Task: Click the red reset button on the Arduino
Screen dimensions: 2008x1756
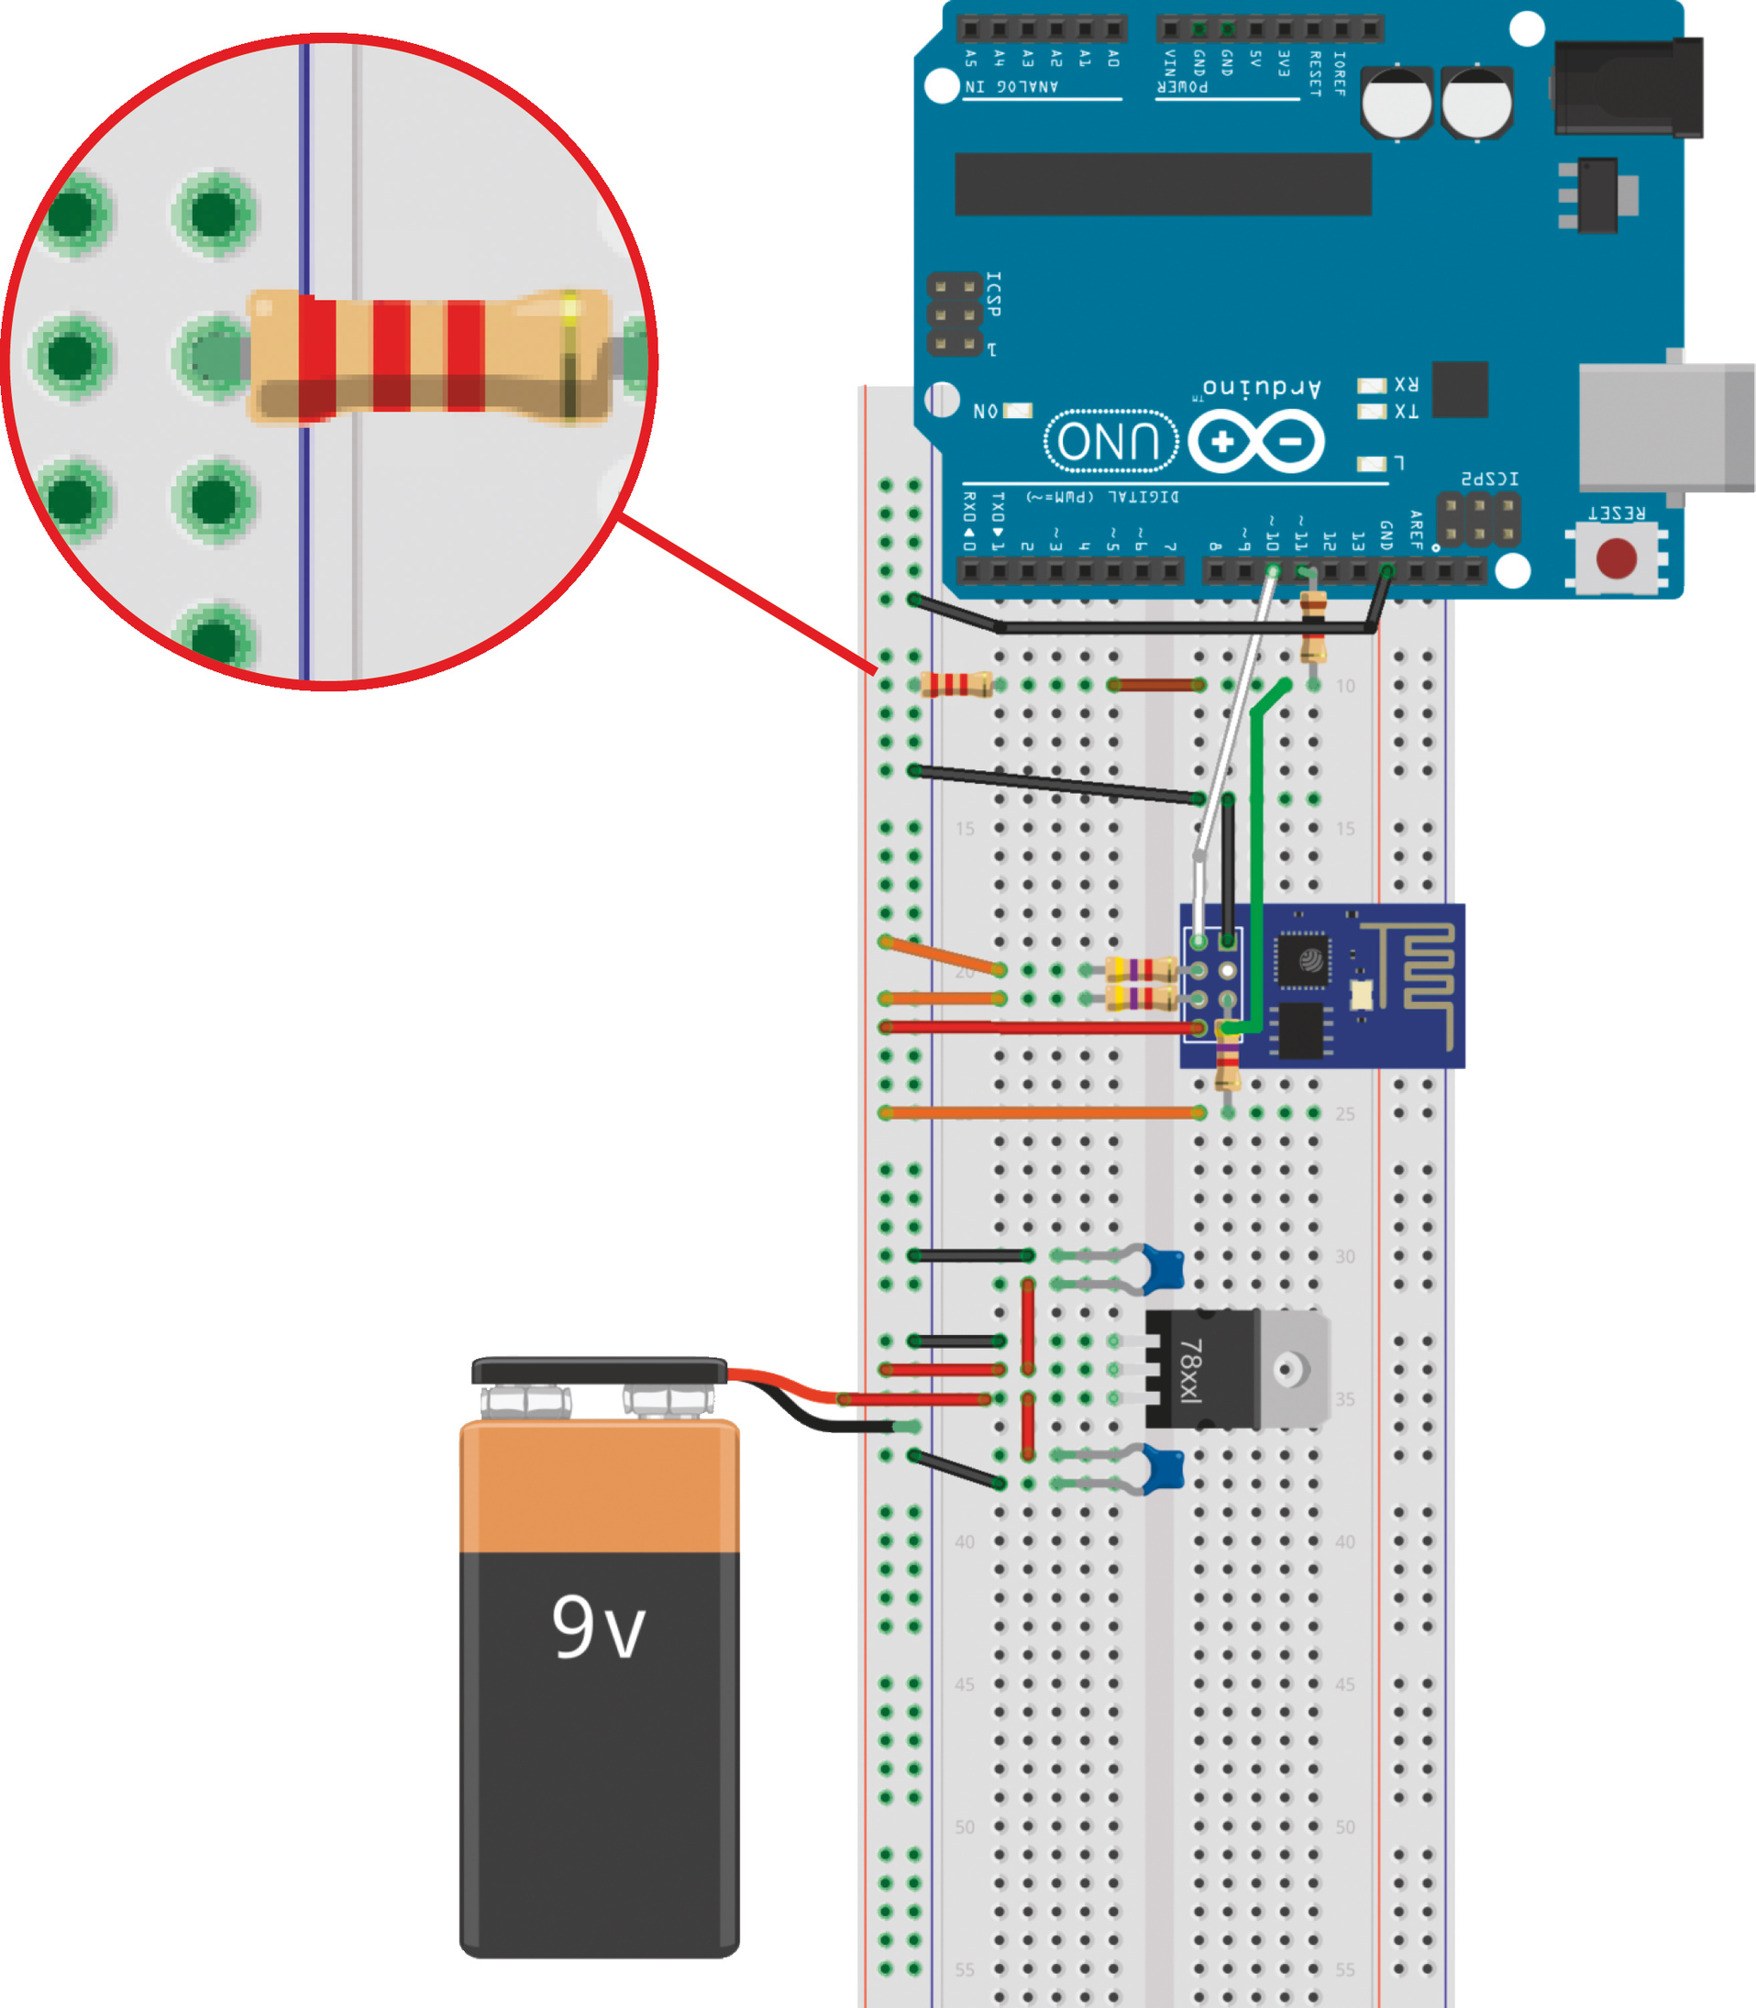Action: click(1616, 558)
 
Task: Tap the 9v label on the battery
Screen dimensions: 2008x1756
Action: click(598, 1627)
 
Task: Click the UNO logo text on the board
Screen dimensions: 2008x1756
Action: click(1110, 441)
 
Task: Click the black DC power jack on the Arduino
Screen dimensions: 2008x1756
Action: click(1628, 88)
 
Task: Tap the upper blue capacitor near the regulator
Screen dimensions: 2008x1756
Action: click(1165, 1269)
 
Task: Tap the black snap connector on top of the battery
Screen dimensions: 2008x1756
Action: click(599, 1370)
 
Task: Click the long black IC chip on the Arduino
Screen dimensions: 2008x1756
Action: click(1162, 183)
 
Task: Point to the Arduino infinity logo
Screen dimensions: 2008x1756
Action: click(1256, 441)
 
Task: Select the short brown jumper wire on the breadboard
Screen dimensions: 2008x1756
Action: click(1156, 685)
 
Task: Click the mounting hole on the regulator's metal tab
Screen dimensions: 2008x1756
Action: click(1290, 1368)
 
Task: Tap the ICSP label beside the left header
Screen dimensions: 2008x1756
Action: click(993, 294)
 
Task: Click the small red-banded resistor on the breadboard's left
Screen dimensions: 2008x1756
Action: click(955, 684)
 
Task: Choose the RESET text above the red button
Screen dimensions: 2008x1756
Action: click(1616, 513)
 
